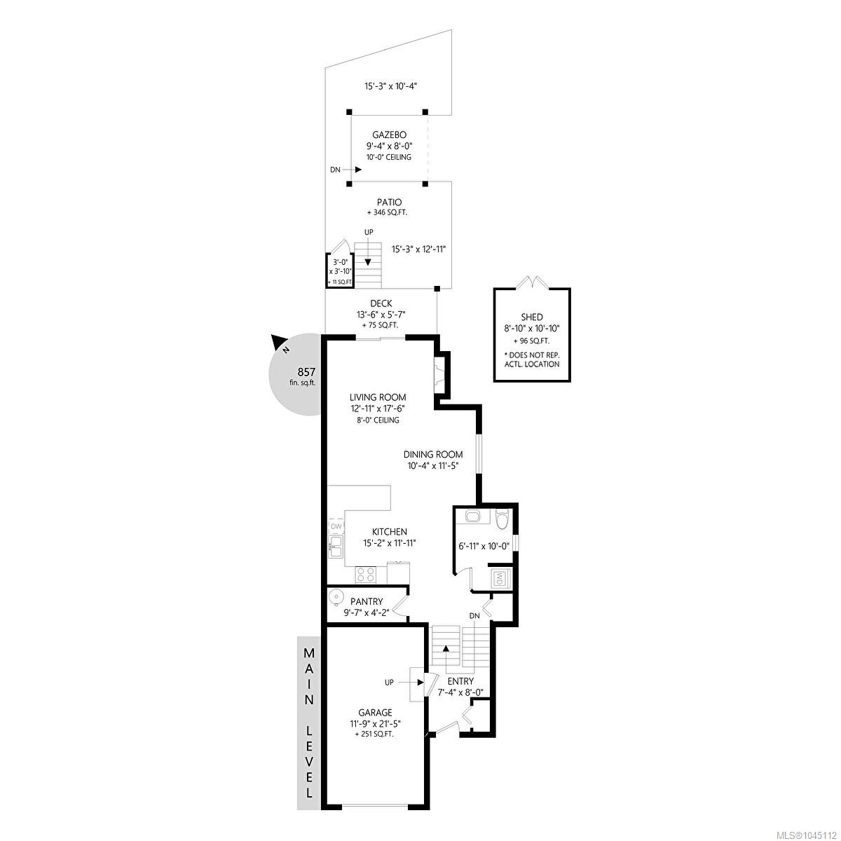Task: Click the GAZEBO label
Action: pyautogui.click(x=389, y=135)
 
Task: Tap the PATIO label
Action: pyautogui.click(x=389, y=203)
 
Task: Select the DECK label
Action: pyautogui.click(x=381, y=303)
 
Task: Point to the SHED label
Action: pyautogui.click(x=531, y=317)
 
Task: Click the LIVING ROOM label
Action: pyautogui.click(x=378, y=397)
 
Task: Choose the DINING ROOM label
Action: pyautogui.click(x=433, y=454)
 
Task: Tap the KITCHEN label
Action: pyautogui.click(x=389, y=531)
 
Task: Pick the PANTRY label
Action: pyautogui.click(x=367, y=601)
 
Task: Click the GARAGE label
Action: pyautogui.click(x=375, y=712)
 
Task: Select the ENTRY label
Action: pyautogui.click(x=460, y=681)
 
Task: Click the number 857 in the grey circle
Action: pyautogui.click(x=306, y=372)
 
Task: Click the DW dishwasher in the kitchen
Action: pyautogui.click(x=336, y=526)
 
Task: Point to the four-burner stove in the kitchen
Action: pyautogui.click(x=366, y=575)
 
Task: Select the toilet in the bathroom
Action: pyautogui.click(x=502, y=517)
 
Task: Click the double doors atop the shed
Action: pyautogui.click(x=532, y=282)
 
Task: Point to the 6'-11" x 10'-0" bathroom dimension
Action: pyautogui.click(x=484, y=546)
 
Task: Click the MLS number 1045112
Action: pyautogui.click(x=812, y=833)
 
